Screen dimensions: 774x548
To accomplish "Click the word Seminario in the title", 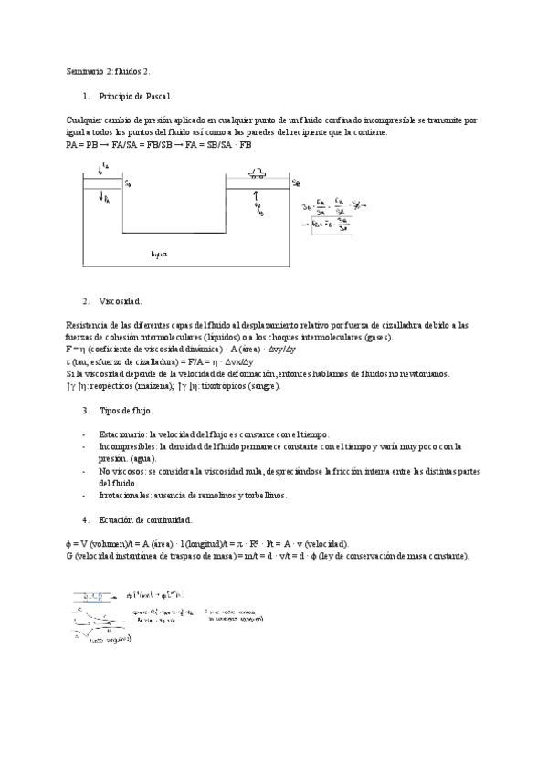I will [84, 70].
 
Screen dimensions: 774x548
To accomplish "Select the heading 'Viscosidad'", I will [120, 300].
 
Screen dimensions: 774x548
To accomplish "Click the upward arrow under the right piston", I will [258, 195].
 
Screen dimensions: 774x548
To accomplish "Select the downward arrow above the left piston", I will [99, 168].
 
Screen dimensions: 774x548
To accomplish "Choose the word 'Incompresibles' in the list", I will [127, 446].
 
